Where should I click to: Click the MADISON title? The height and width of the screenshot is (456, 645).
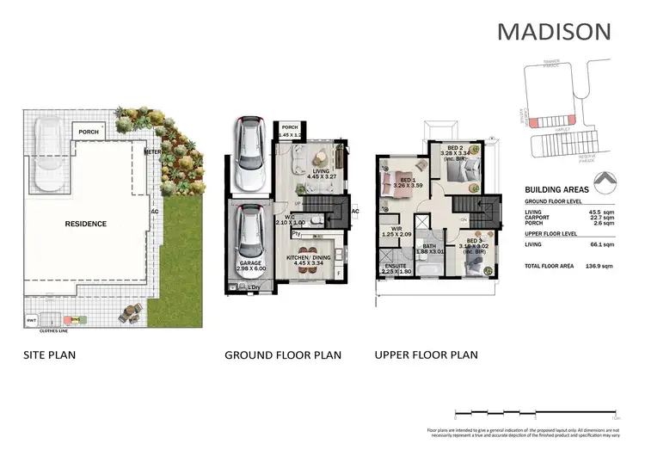coord(554,32)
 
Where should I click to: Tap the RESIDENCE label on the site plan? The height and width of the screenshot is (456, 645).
coord(86,224)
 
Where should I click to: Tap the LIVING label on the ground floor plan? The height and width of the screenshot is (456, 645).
coord(321,171)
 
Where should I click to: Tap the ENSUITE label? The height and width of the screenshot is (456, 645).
coord(396,267)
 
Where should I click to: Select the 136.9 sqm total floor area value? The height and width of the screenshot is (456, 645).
coord(596,267)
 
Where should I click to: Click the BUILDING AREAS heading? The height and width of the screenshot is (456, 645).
coord(556,191)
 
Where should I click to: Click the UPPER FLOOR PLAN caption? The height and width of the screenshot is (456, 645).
coord(426,354)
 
